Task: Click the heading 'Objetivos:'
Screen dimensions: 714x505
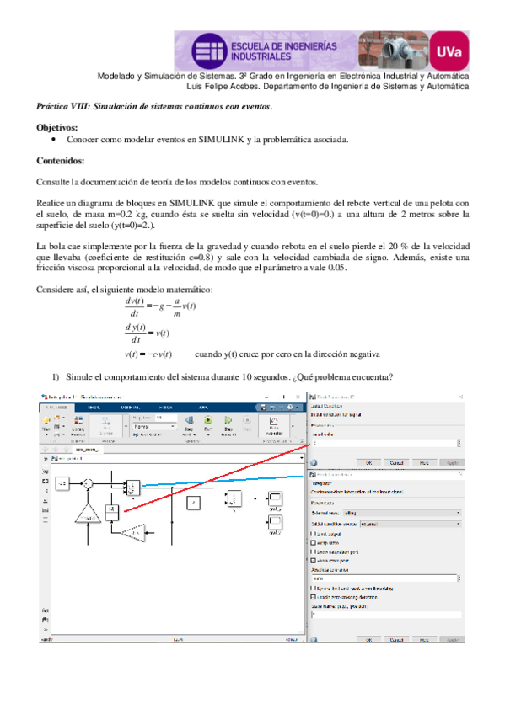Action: (x=56, y=127)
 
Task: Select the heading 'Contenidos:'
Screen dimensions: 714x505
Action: (x=61, y=160)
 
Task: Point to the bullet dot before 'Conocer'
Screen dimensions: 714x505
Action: (x=53, y=139)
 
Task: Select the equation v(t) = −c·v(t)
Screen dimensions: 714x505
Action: (x=148, y=354)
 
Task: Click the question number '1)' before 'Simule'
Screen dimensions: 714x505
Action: (x=57, y=376)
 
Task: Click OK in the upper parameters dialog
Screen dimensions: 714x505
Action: (x=368, y=462)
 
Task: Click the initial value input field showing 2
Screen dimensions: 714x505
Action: (x=384, y=442)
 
